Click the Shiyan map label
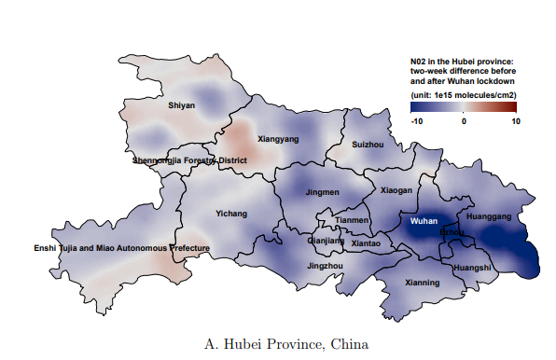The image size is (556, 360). click(x=181, y=105)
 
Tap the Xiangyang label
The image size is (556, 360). click(x=278, y=139)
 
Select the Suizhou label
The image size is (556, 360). click(x=368, y=145)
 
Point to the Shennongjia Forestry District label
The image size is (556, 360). click(x=189, y=160)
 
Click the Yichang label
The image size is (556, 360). click(x=231, y=214)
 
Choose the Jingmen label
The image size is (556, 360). click(x=322, y=192)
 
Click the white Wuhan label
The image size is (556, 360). click(x=424, y=221)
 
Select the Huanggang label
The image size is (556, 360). click(x=489, y=216)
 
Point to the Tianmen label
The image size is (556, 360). click(x=353, y=220)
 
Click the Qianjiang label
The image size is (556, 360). click(x=326, y=241)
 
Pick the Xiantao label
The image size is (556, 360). click(x=366, y=243)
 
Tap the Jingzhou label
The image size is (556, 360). click(x=325, y=266)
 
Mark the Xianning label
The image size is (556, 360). click(x=423, y=282)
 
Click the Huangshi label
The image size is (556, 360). click(x=471, y=268)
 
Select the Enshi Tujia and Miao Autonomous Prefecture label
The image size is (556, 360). click(x=121, y=248)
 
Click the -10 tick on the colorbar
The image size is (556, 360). click(x=417, y=121)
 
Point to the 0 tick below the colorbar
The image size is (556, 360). click(x=464, y=121)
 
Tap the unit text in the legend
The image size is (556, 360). click(x=464, y=95)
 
